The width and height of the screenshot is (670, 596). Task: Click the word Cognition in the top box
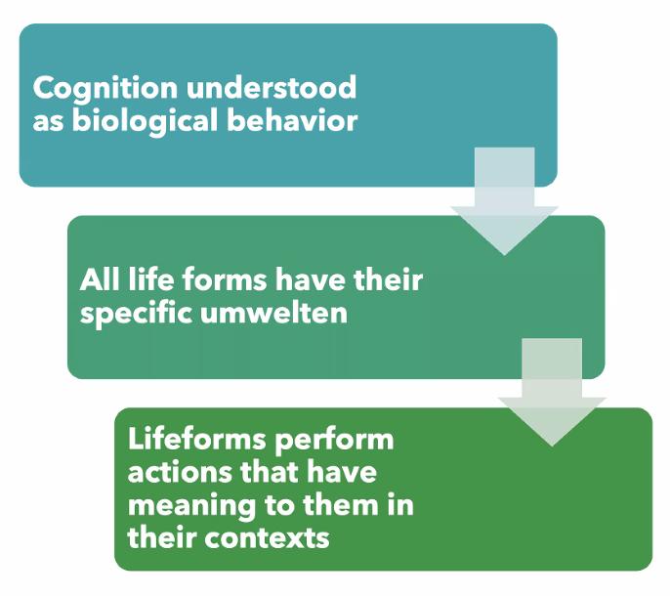pos(105,90)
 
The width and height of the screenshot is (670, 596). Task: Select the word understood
pos(272,87)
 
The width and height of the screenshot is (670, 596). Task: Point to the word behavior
pos(292,120)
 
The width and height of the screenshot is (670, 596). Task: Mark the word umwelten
pos(273,314)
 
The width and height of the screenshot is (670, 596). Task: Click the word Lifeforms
pos(197,439)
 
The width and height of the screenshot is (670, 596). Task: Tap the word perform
pos(334,442)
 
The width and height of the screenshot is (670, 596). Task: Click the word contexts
pos(267,537)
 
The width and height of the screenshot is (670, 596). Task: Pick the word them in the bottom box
pos(341,505)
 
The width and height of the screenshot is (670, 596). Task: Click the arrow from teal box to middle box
pos(505,201)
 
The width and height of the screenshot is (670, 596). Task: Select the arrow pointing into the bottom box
pos(552,392)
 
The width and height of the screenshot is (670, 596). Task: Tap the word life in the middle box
pos(150,280)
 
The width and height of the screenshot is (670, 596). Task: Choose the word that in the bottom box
pos(270,472)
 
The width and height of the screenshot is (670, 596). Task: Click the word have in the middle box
pos(310,280)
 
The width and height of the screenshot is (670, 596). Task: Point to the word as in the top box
pos(48,122)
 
